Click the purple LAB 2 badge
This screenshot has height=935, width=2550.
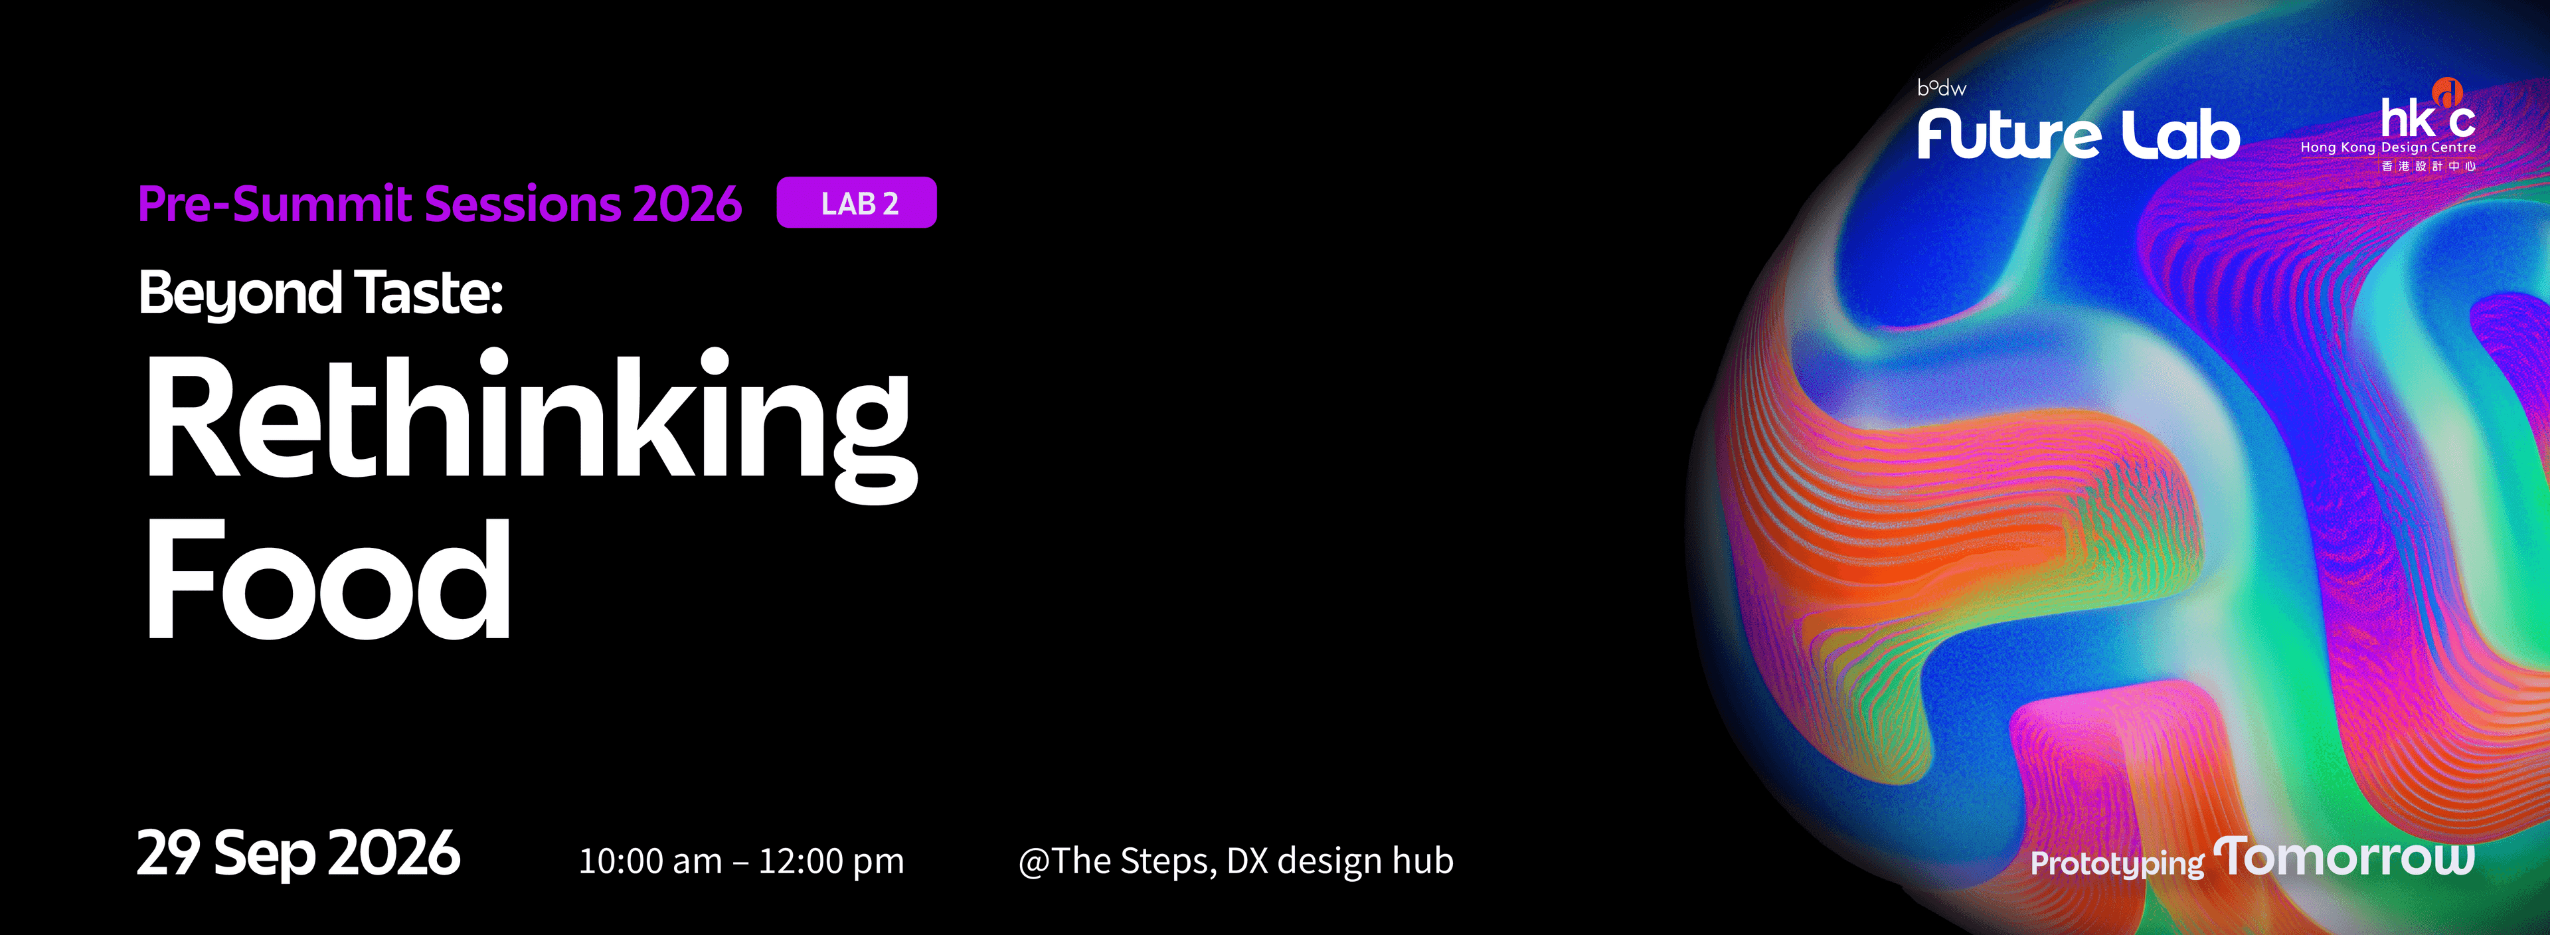[856, 203]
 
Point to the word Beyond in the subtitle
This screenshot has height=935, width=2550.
[240, 294]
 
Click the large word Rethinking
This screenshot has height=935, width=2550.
[531, 426]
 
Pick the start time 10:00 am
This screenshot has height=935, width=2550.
[650, 861]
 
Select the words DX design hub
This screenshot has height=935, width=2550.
[1340, 861]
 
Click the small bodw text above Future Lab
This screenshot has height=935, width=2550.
[1941, 88]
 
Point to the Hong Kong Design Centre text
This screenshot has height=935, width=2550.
[2388, 147]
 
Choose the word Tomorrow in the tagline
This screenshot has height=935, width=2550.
[2344, 857]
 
